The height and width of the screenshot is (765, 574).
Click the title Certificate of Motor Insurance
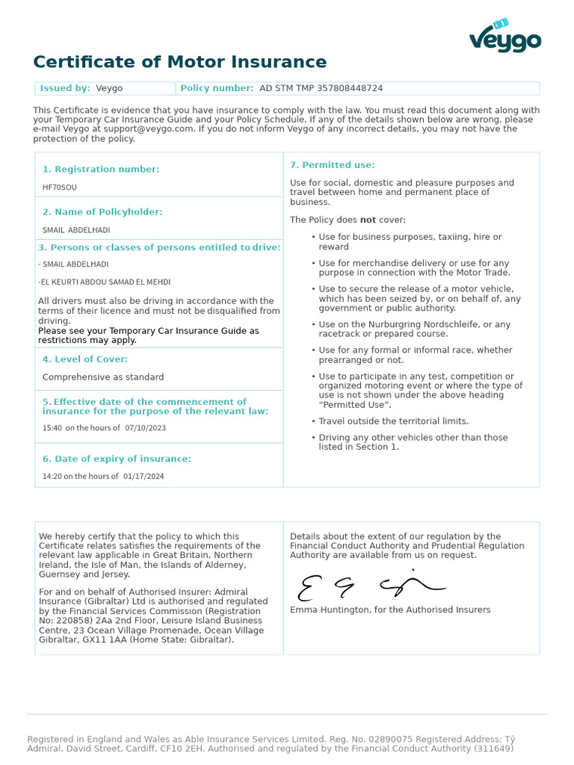[x=179, y=62]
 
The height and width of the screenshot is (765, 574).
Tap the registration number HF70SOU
[x=60, y=188]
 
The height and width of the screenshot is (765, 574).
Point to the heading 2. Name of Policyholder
[x=102, y=212]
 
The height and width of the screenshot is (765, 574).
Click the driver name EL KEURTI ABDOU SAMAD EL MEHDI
[x=105, y=282]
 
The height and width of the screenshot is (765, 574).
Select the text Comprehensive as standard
[x=103, y=377]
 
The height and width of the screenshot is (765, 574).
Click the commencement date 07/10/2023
[x=146, y=428]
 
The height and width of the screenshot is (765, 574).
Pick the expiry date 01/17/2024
[x=143, y=477]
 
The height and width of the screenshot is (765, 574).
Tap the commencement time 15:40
[x=52, y=428]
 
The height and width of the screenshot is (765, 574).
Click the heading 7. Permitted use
[x=333, y=165]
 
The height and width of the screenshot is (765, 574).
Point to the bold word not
[x=368, y=220]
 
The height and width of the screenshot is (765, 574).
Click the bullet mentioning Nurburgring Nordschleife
[x=414, y=329]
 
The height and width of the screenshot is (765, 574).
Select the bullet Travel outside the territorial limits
[x=393, y=421]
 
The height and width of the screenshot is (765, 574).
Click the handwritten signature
[x=370, y=586]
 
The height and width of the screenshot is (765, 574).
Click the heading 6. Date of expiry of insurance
[x=117, y=459]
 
